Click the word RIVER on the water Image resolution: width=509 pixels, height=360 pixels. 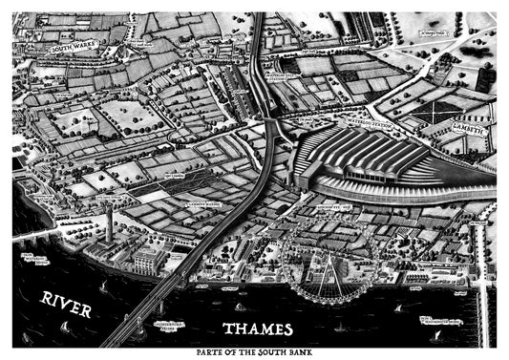66,305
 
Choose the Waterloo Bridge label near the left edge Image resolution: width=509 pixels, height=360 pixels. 36,259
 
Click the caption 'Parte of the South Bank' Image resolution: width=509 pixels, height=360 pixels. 254,352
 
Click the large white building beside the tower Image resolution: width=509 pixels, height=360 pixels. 146,259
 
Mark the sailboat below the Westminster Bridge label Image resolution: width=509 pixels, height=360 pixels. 436,335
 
